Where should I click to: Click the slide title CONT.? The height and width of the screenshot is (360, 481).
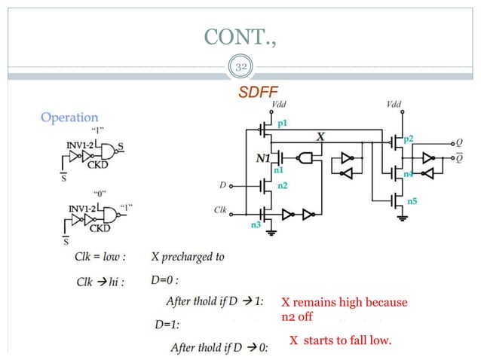coord(240,36)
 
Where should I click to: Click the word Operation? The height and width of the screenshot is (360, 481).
coord(69,117)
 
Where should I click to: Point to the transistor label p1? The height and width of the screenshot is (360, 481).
coord(283,122)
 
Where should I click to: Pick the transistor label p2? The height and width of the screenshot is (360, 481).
coord(408,140)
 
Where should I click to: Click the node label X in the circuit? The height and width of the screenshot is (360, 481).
coord(320,137)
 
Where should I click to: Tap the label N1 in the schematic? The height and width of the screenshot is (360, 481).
coord(264,159)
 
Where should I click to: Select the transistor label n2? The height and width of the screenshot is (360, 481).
coord(282,185)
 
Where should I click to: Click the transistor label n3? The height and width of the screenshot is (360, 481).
coord(256,224)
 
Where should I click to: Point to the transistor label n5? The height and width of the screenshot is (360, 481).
coord(412,202)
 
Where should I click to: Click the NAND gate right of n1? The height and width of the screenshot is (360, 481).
coord(305,158)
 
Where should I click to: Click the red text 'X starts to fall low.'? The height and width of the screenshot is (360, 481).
coord(341,341)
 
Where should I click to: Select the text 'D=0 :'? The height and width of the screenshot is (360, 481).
coord(165,280)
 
